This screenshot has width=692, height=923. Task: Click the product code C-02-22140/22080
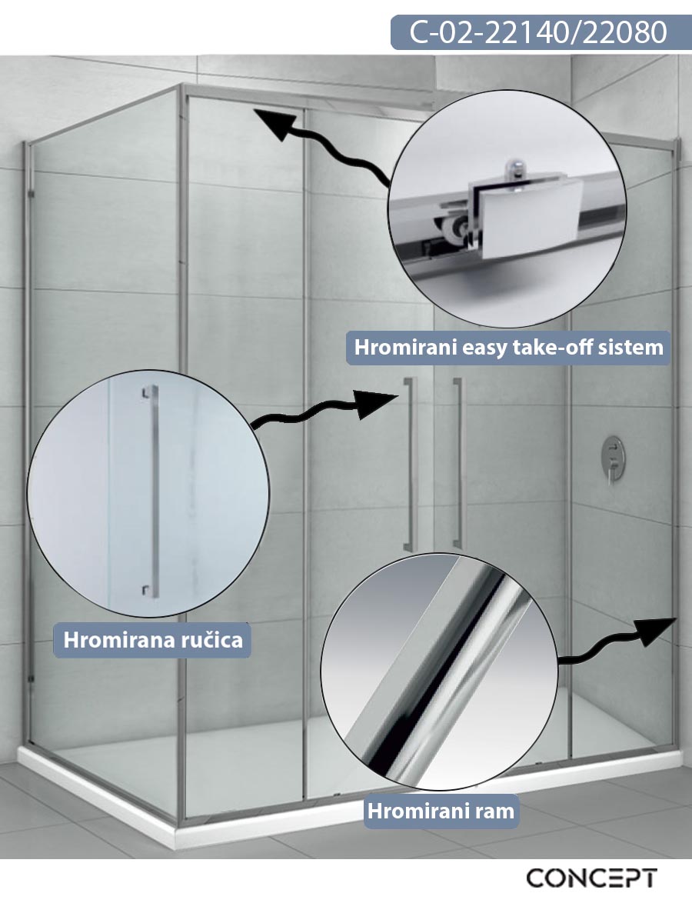538,32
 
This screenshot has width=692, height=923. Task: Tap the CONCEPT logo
591,878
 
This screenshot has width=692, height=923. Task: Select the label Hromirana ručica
153,641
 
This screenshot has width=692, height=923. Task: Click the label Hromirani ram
441,811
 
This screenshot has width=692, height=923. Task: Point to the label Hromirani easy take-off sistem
509,348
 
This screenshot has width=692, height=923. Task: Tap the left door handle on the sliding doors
410,464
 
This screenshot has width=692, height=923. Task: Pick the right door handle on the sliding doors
458,463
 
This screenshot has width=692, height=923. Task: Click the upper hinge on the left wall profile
29,194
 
